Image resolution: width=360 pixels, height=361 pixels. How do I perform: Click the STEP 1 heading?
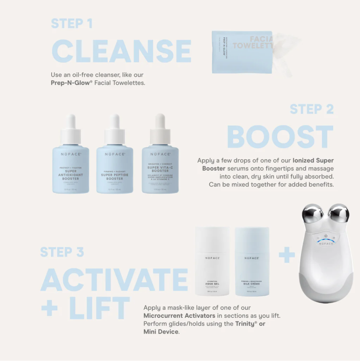click(72, 24)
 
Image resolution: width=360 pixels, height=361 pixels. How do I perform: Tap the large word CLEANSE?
click(121, 52)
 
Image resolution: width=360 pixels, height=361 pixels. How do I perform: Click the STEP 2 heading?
click(312, 109)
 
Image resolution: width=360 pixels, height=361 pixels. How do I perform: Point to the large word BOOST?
click(280, 137)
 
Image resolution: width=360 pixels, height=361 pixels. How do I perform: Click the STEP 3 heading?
click(62, 252)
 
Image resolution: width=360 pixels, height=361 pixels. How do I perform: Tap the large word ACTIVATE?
click(114, 280)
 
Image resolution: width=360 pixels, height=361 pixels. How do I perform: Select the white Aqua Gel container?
click(212, 266)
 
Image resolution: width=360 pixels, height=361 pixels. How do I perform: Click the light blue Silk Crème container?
click(252, 266)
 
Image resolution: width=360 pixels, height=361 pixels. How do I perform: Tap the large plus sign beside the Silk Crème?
click(287, 256)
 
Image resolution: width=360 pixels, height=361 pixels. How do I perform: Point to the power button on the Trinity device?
click(325, 236)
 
